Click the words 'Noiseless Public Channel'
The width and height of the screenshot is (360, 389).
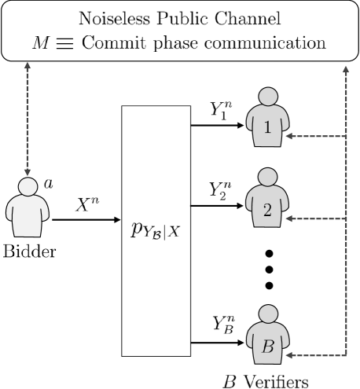coord(179,17)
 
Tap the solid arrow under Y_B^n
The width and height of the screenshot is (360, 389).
coord(218,341)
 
